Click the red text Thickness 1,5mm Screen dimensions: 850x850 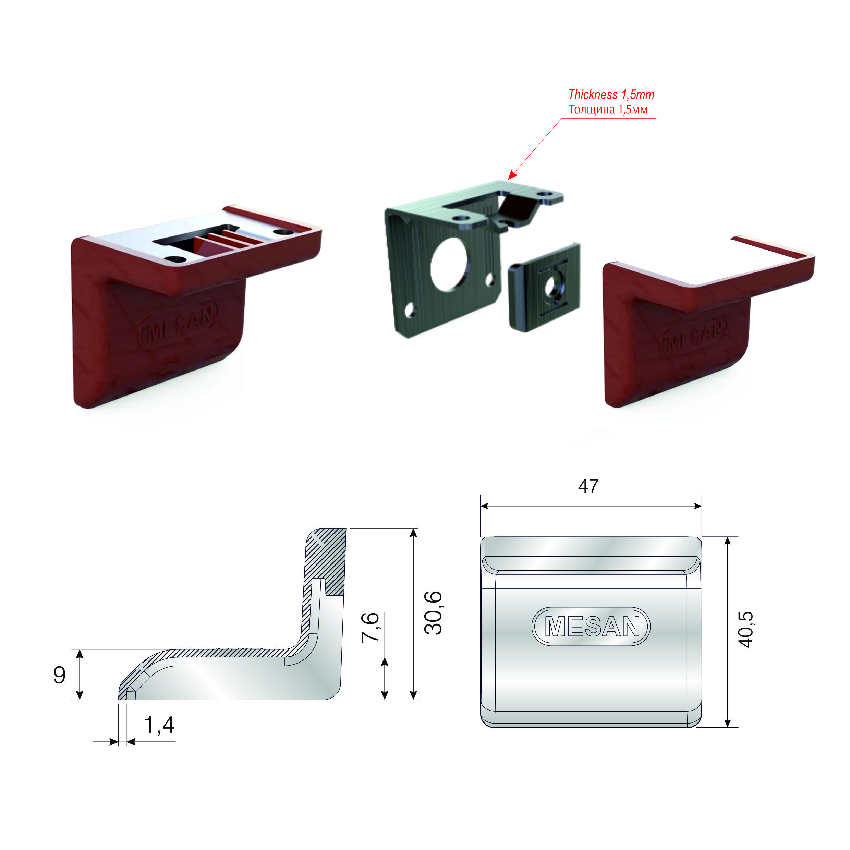coord(611,95)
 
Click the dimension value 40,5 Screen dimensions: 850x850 coord(746,629)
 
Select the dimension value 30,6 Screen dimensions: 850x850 coord(433,613)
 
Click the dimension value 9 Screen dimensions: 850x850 coord(59,675)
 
